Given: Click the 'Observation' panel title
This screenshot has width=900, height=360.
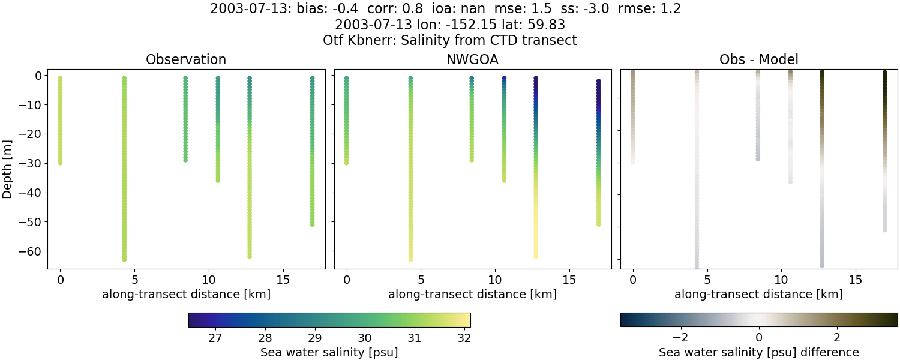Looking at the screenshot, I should coord(186,59).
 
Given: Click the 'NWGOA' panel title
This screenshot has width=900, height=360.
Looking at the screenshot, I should coord(472,59).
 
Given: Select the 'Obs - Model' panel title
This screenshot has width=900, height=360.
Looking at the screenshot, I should coord(758,59).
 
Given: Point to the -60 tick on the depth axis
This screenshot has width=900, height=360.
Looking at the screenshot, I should coord(28,251).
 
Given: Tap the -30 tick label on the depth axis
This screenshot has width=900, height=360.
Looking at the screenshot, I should coord(28,163).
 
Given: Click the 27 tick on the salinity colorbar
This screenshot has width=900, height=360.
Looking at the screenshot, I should coord(215,338).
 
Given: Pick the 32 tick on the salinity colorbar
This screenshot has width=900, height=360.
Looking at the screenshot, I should coord(463,338).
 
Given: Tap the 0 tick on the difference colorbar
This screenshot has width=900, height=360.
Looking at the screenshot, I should coord(759,334).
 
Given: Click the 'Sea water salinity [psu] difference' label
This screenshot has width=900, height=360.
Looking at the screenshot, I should coord(759,352).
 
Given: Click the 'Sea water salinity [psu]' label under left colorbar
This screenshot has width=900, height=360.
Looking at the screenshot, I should coord(329,352).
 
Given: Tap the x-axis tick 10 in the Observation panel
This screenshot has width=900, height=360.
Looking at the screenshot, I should coord(209,280).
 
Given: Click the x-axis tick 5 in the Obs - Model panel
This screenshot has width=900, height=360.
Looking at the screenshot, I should coord(707,280).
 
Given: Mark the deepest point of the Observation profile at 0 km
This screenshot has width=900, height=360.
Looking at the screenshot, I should coord(60,163).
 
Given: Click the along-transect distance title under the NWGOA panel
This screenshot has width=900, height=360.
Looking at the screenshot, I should coord(472,295).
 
